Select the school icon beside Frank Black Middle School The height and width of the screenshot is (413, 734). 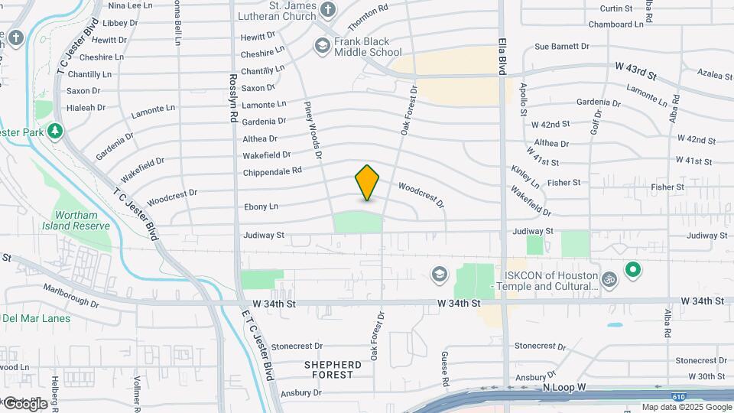point(322,47)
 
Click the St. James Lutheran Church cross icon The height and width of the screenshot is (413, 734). point(328,10)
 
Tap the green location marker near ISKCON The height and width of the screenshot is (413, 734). point(633,269)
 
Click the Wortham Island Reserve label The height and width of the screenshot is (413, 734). point(81,220)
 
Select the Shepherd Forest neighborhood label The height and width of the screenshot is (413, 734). point(333,369)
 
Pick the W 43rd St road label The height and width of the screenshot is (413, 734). point(635,73)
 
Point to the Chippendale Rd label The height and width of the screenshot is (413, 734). point(272,171)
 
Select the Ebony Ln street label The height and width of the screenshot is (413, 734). point(261,206)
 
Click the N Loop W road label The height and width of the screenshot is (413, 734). point(563,388)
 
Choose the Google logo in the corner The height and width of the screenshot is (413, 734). point(24,403)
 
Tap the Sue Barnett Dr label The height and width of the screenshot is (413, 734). point(562,47)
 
